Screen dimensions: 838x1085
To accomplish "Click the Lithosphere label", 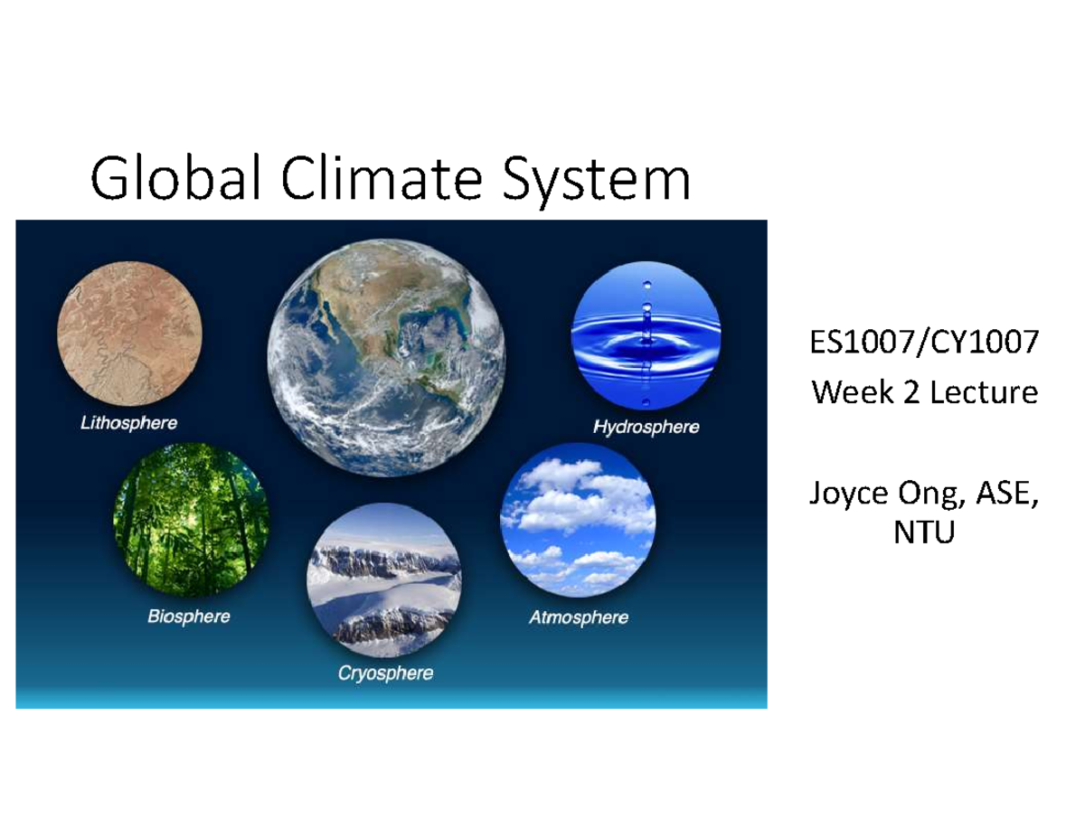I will [x=128, y=422].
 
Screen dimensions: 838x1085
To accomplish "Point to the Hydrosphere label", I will [x=646, y=427].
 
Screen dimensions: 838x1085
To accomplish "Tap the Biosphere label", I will [x=188, y=617].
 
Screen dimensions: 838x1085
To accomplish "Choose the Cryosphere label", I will [x=385, y=673].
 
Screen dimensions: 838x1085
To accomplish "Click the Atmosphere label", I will [x=578, y=618].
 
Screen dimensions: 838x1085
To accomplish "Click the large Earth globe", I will [x=386, y=357].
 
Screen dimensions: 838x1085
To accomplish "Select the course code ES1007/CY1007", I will [x=923, y=346].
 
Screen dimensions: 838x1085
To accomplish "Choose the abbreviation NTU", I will [x=923, y=535].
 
